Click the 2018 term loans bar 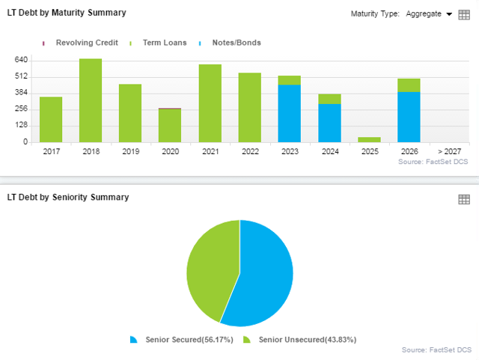[91, 100]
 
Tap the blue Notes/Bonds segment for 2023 [290, 113]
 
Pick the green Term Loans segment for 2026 [409, 85]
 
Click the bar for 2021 [210, 103]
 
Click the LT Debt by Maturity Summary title [67, 13]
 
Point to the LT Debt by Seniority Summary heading [68, 197]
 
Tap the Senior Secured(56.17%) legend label [187, 340]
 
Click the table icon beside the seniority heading [463, 199]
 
